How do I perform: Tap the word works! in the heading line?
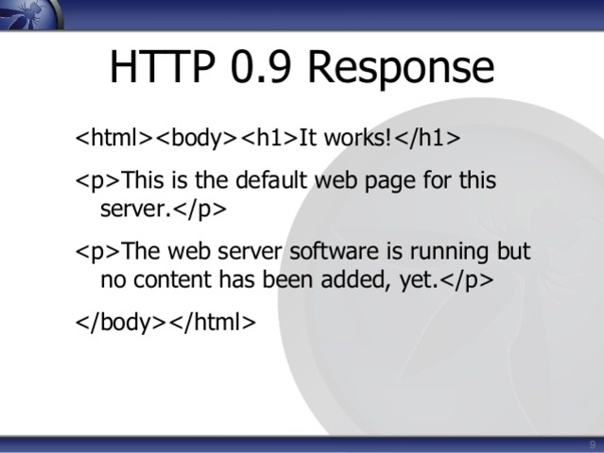[357, 138]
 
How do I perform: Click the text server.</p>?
[164, 208]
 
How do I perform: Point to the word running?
[440, 253]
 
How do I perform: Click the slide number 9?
[592, 445]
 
